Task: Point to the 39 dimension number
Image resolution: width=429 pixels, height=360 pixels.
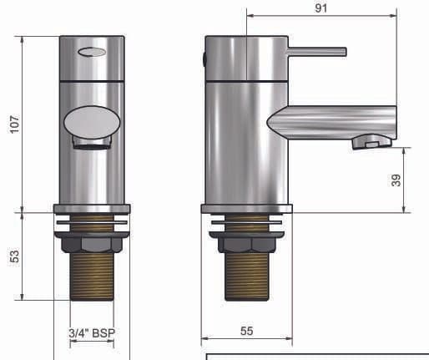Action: coord(396,180)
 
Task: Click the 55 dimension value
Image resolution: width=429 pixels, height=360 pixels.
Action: coord(246,332)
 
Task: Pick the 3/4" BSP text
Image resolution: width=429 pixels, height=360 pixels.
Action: coord(91,332)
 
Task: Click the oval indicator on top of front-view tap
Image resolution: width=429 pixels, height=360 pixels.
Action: coord(91,53)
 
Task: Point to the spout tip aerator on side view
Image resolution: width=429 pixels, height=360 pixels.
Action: coord(371,142)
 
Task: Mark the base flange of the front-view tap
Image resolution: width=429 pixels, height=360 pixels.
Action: coord(91,210)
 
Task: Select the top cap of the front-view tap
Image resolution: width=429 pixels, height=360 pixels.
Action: coord(91,58)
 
